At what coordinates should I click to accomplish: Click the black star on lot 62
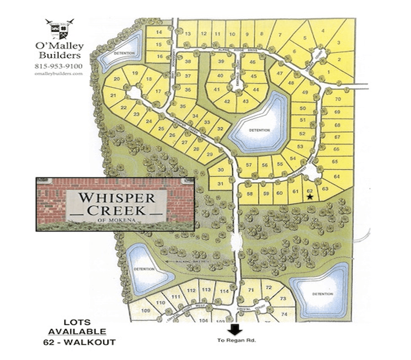tap(309, 197)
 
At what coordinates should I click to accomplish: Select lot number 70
tap(338, 99)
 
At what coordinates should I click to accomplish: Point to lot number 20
tap(117, 79)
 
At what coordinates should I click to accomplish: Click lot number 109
tap(145, 311)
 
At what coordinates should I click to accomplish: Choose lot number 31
tap(220, 182)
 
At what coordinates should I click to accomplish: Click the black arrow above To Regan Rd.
tap(236, 330)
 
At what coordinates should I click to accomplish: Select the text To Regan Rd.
tap(236, 341)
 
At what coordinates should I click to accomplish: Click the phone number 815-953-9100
tap(58, 66)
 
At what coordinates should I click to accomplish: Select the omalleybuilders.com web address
tap(59, 74)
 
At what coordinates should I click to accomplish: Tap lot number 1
tap(328, 73)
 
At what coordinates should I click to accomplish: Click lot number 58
tap(250, 193)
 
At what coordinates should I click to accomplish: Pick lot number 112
tap(191, 291)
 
